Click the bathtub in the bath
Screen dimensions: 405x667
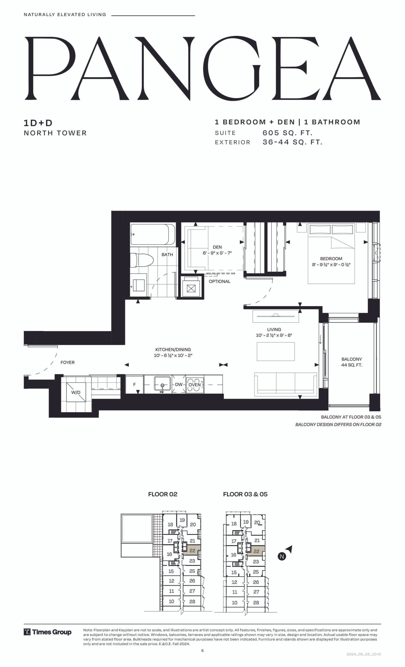pos(153,234)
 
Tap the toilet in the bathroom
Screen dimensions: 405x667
pos(142,260)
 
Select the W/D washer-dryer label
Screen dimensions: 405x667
pos(76,392)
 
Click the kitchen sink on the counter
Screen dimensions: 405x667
pos(162,384)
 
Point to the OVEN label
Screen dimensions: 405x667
pos(194,385)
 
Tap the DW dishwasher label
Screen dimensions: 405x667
pos(179,384)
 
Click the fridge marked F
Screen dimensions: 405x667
pos(134,384)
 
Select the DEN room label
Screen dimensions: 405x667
pos(217,247)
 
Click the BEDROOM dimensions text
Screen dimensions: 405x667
pos(331,264)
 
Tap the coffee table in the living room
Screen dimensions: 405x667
pos(275,351)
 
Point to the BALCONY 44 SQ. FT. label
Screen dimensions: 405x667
pos(352,362)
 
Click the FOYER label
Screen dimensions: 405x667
pos(67,362)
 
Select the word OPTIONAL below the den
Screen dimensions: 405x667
pos(219,281)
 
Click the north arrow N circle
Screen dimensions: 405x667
pos(282,556)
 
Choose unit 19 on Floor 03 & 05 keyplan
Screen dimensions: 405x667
pos(246,522)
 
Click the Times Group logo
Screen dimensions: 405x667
pos(48,632)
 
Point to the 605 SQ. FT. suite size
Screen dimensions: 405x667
pos(287,133)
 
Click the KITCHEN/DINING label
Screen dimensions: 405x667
pos(173,349)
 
